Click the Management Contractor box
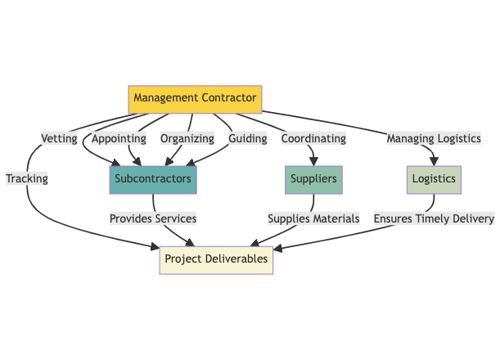(x=195, y=99)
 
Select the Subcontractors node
(x=153, y=178)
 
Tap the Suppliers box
(x=313, y=178)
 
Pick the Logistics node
(x=435, y=178)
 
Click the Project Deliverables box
(x=215, y=259)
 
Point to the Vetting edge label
(x=60, y=138)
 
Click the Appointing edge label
(x=119, y=138)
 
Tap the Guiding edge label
(x=248, y=138)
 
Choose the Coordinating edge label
(x=313, y=138)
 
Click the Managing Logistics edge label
(x=433, y=138)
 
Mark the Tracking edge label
(x=27, y=178)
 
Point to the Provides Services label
(x=153, y=218)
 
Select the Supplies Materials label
(x=313, y=218)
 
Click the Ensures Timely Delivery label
(x=434, y=218)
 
